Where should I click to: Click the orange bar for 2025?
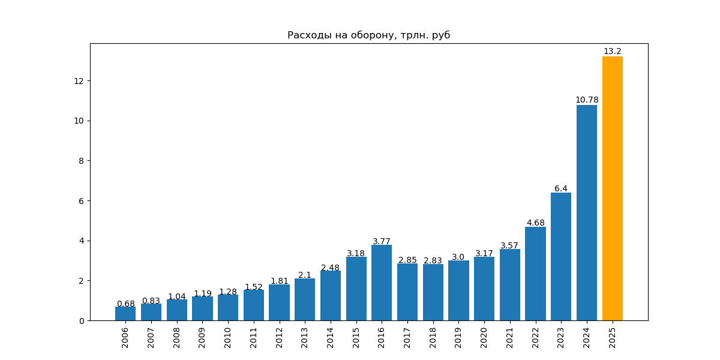(x=612, y=188)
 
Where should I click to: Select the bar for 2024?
(x=587, y=212)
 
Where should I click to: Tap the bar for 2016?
(x=382, y=283)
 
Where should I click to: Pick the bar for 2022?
(x=535, y=274)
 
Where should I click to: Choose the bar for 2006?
(x=125, y=314)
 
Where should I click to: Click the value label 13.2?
(x=612, y=52)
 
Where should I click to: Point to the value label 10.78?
(x=587, y=100)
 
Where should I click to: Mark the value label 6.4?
(x=561, y=188)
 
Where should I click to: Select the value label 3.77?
(x=382, y=241)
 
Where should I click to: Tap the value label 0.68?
(x=125, y=304)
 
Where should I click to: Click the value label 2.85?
(x=407, y=260)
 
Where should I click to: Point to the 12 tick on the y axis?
(x=79, y=81)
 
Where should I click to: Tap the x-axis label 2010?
(x=228, y=338)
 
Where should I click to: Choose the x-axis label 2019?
(x=458, y=338)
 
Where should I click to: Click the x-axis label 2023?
(x=561, y=338)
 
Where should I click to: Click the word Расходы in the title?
(x=308, y=35)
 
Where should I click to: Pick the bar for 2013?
(x=305, y=299)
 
